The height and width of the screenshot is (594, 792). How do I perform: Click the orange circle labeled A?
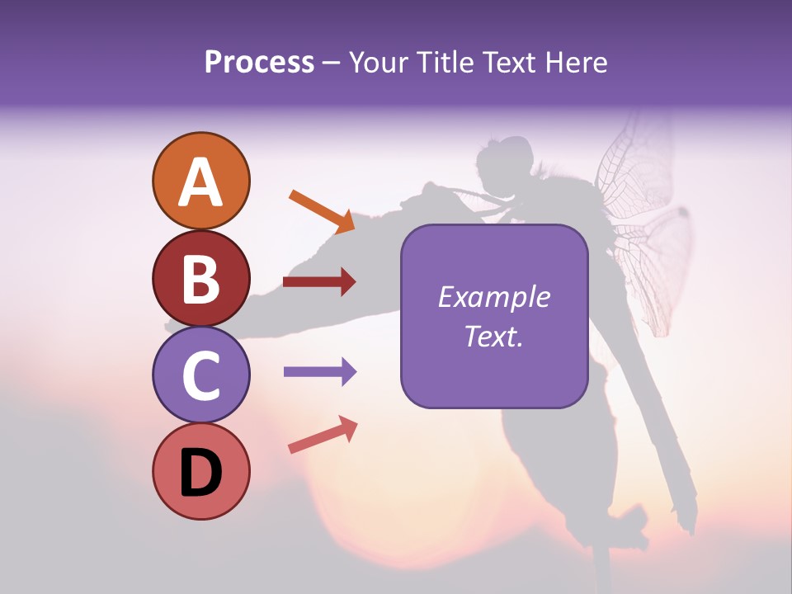(x=200, y=181)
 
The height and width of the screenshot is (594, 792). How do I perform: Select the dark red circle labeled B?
(x=200, y=278)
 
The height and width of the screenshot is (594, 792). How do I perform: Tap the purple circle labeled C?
(x=200, y=375)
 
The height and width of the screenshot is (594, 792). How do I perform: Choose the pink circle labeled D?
(x=200, y=471)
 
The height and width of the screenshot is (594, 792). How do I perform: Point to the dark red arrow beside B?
(x=319, y=282)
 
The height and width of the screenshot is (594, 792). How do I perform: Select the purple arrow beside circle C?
(x=319, y=372)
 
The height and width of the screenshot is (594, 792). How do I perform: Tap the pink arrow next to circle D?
(x=323, y=436)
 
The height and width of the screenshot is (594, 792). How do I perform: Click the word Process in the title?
(x=259, y=63)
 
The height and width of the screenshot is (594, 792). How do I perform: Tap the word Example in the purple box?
(x=493, y=297)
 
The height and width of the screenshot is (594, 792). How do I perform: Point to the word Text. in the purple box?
(x=493, y=336)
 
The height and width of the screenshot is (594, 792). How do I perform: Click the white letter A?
(x=200, y=182)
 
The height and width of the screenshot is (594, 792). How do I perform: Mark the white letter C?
(x=200, y=375)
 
